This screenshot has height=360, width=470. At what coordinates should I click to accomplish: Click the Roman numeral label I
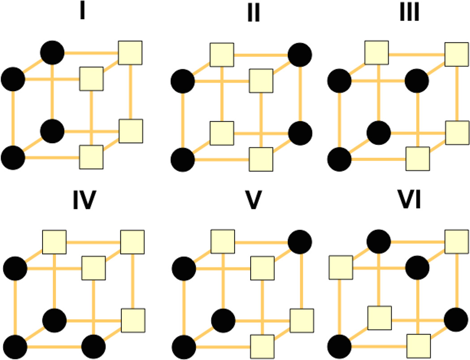[x=82, y=12]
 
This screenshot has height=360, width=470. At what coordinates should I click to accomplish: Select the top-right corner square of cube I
[x=130, y=53]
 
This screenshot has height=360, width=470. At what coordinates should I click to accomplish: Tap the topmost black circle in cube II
[x=300, y=55]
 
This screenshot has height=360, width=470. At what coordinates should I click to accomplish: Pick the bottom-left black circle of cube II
[x=183, y=159]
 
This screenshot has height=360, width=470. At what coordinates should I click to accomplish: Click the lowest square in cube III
[x=418, y=159]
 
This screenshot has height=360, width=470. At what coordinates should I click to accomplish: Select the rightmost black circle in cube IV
[x=94, y=347]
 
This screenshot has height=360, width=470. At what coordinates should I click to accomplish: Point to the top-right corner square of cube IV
[x=132, y=242]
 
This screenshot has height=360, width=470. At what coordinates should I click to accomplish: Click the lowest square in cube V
[x=262, y=346]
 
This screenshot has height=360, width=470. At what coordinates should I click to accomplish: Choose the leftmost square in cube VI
[x=341, y=268]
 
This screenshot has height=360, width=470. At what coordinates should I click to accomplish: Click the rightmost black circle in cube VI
[x=456, y=319]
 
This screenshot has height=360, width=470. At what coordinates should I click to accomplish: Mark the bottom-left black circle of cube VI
[x=340, y=347]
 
